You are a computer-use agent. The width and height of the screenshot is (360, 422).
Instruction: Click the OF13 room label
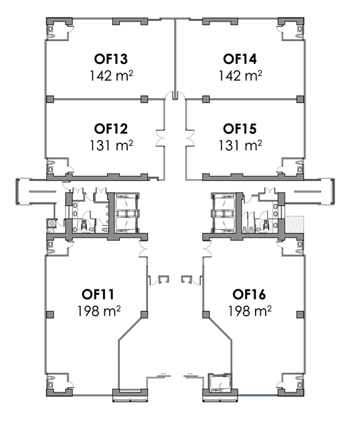tap(110, 59)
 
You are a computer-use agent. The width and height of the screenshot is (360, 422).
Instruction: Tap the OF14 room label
tap(240, 59)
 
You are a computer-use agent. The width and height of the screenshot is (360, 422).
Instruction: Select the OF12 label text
tap(110, 129)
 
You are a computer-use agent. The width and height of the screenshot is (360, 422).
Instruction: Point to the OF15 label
tap(240, 129)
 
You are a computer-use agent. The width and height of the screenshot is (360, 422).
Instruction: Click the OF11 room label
tap(98, 294)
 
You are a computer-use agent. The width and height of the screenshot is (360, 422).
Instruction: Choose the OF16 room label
tap(249, 294)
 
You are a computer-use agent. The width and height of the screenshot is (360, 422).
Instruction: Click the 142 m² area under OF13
tap(111, 75)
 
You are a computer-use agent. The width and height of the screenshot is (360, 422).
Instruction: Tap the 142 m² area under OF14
tap(240, 75)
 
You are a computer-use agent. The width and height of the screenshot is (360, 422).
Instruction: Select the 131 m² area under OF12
tap(111, 145)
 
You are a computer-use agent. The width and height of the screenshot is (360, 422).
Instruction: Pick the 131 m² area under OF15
tap(240, 145)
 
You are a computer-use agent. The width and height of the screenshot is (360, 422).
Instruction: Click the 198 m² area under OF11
tap(99, 311)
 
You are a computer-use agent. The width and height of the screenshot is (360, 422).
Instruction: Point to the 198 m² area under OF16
tap(250, 311)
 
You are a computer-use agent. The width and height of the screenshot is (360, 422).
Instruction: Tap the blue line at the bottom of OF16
tap(258, 395)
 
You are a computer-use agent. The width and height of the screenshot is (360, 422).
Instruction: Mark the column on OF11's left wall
tap(50, 314)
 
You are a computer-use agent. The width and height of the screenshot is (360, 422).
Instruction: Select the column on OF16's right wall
tap(300, 314)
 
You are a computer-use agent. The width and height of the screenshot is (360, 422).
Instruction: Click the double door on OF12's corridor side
tap(160, 139)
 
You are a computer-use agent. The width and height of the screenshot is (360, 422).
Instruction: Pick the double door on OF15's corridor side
tap(190, 139)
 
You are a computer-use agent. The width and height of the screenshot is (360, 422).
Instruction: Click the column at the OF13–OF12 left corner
tap(50, 99)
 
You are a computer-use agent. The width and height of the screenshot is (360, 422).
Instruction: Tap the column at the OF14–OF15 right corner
tap(300, 99)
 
